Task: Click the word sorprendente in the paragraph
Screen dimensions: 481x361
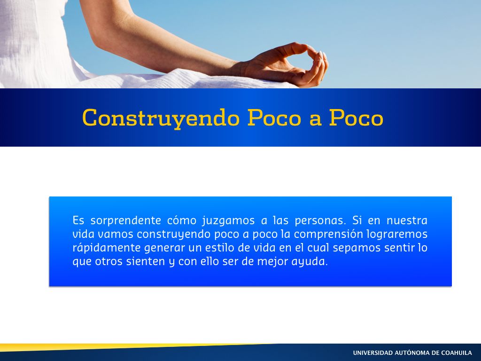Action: [x=126, y=221]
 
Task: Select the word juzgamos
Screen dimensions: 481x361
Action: [x=228, y=221]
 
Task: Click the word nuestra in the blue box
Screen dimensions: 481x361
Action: [x=407, y=220]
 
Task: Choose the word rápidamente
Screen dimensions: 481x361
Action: [x=107, y=248]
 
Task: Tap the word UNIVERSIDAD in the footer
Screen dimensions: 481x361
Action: [x=372, y=353]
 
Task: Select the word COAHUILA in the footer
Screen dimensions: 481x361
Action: [x=457, y=353]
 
